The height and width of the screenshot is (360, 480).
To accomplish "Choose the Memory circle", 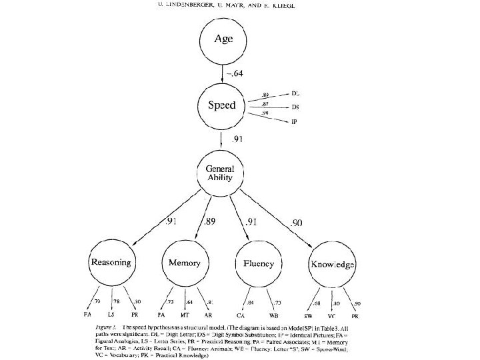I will [x=184, y=264].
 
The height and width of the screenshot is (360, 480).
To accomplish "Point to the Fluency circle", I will [x=257, y=264].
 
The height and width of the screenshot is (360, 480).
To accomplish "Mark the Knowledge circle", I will [x=331, y=264].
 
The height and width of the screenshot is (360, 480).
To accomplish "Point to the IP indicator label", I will [x=294, y=122].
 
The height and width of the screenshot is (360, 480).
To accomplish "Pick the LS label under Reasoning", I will [x=111, y=313].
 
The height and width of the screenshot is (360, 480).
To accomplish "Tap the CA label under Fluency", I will [x=241, y=313].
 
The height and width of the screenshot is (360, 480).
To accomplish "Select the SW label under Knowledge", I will [x=309, y=314].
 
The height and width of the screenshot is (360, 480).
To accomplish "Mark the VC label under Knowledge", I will [x=331, y=314].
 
